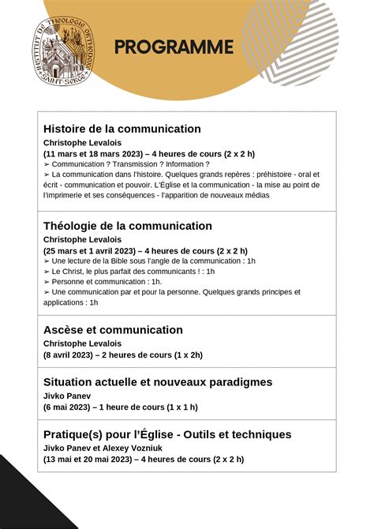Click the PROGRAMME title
coord(174,47)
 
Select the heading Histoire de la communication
coord(122,129)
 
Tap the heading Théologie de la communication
coord(128,226)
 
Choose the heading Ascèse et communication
coord(113,330)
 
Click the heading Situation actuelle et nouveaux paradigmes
coord(158,382)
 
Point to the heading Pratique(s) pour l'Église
coord(167,434)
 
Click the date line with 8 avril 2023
coord(123,355)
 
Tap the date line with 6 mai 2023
coord(121,407)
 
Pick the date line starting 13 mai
coord(144,460)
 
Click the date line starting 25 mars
coord(146,251)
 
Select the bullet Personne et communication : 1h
coord(103,282)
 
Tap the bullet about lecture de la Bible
coord(150,261)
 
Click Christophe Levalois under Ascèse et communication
coord(77,343)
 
